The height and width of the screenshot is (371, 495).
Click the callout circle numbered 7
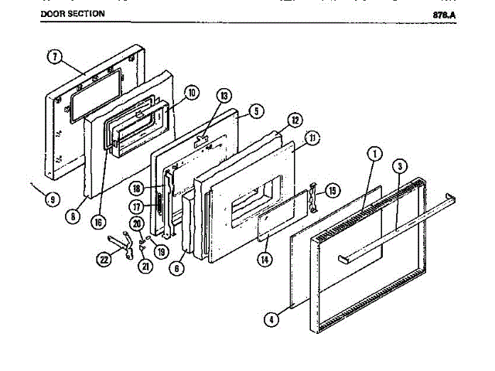coord(54,56)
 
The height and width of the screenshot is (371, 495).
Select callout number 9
coord(52,200)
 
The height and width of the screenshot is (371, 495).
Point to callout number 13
coord(224,96)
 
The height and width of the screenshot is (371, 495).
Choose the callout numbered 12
coord(295,121)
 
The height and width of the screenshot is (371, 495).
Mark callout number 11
coord(312,138)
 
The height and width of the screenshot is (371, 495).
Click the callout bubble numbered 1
coord(374,153)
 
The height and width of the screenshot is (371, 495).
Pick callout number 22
coord(104,260)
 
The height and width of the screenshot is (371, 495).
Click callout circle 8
coord(72,217)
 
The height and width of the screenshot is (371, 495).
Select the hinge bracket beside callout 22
coord(118,243)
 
